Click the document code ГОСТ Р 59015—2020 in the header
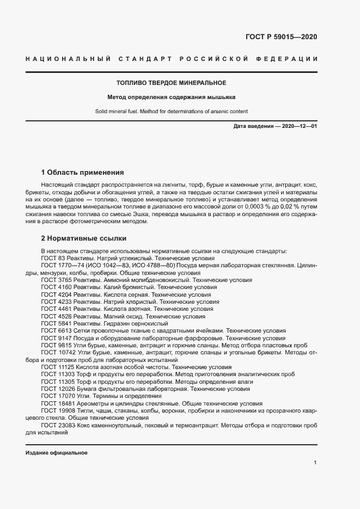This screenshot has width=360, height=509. click(x=278, y=37)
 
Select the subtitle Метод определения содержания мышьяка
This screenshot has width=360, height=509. click(x=171, y=97)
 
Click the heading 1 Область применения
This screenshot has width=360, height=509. click(x=83, y=173)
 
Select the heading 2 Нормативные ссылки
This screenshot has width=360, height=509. click(x=84, y=238)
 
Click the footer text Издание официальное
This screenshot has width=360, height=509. click(x=57, y=453)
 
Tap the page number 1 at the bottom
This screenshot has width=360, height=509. click(x=315, y=463)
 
